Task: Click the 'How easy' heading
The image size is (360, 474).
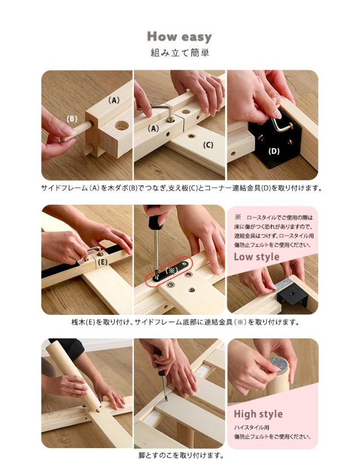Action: point(179,37)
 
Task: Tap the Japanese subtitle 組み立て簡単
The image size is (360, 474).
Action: point(179,53)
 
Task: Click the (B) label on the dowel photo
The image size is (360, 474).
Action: point(72,119)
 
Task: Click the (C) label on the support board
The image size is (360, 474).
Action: point(208,145)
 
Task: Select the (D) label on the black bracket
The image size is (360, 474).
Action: point(274,151)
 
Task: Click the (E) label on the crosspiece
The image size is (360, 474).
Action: point(103,262)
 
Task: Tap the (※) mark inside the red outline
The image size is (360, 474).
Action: point(171,270)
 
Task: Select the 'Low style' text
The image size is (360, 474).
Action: point(256,256)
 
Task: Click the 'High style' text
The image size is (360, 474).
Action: point(258,414)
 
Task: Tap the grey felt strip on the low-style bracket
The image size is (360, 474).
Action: point(283,285)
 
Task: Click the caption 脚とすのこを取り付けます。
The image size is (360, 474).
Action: point(181,455)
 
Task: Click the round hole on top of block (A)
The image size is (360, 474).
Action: point(121,125)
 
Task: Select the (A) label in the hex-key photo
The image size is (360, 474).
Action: point(154,129)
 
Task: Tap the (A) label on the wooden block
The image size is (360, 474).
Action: point(114,100)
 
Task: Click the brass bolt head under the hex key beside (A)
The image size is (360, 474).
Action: point(170,120)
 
